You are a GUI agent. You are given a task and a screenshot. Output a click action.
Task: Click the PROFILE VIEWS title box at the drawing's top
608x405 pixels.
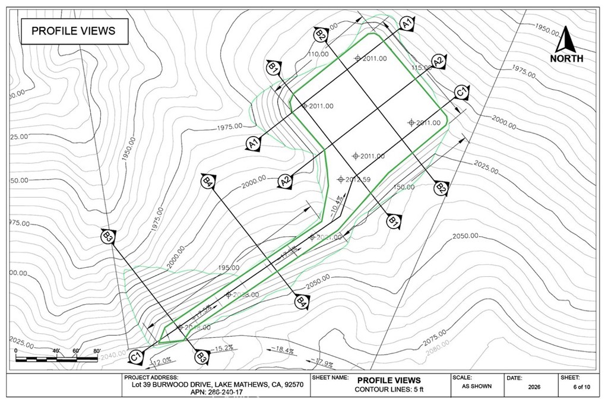tap(74, 31)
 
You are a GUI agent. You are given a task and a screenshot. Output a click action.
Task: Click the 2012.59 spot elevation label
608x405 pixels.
tap(357, 179)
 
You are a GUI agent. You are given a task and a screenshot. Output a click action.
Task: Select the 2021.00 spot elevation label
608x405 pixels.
tap(329, 238)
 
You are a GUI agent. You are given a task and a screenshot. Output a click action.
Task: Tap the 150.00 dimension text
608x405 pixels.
tap(403, 187)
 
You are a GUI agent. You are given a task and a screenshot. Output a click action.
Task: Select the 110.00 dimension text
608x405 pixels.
tap(318, 54)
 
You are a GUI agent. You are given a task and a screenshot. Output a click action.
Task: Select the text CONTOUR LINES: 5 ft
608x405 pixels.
tap(389, 390)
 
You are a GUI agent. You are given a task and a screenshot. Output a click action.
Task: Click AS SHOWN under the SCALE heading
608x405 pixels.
tap(476, 386)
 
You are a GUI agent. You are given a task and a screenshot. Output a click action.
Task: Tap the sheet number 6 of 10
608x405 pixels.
tap(581, 387)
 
